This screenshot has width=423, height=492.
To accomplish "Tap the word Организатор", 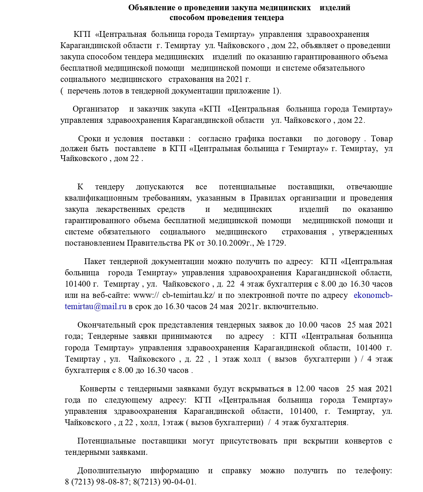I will point(96,109).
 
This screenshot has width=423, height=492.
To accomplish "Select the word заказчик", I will point(153,109).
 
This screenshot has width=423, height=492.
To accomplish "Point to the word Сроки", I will point(89,139).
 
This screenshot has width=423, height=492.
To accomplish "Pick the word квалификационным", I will point(101,198).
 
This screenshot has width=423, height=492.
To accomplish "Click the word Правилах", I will point(268,198).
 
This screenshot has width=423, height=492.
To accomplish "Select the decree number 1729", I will point(276,243).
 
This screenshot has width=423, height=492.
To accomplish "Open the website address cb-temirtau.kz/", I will point(188,295).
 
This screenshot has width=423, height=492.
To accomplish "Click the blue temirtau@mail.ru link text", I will point(96,306).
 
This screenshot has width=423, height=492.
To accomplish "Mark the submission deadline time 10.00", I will point(308,325).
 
